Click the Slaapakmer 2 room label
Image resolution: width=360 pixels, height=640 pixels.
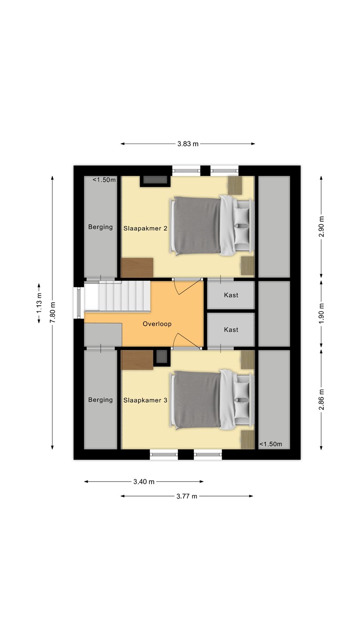pos(145,228)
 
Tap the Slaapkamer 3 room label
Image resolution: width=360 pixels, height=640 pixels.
pos(145,400)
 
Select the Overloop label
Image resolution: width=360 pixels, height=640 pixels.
pos(157,324)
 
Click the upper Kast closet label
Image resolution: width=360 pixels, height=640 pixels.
pos(231,295)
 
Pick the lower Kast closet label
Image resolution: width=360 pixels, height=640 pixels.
pos(231,330)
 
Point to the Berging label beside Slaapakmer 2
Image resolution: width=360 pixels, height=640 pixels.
pos(100,227)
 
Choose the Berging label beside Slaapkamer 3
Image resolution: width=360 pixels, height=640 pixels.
pos(100,400)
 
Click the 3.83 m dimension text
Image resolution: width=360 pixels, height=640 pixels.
pos(188,144)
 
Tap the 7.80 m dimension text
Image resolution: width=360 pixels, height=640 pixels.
pos(52,312)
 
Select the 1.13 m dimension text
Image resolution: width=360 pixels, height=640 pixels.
pos(39,303)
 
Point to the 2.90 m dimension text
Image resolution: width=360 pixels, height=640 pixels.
pos(321,227)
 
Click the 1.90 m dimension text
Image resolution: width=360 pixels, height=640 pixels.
pos(321,313)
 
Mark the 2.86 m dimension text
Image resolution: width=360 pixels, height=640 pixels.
pos(321,400)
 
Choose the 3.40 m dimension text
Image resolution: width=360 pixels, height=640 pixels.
pos(144,482)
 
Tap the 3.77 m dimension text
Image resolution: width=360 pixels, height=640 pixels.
pos(187,496)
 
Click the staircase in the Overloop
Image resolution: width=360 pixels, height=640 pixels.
pos(117,296)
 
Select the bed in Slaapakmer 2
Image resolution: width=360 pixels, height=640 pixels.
pos(212,225)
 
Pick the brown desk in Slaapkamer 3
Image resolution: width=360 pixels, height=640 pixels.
pos(137,360)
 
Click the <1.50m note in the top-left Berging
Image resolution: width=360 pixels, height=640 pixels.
pos(104,180)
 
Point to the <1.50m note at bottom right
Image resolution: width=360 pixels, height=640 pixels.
pos(271,444)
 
